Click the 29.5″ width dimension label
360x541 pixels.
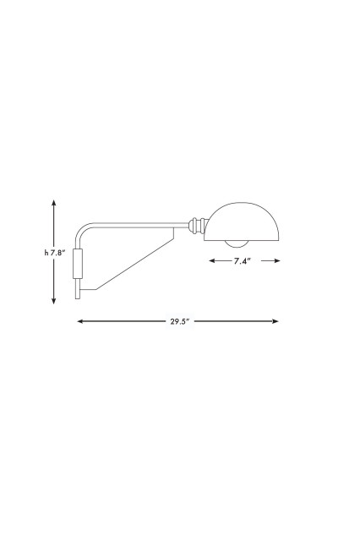(x=177, y=321)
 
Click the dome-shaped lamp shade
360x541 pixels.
(x=243, y=221)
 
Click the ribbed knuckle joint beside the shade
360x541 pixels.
(x=197, y=225)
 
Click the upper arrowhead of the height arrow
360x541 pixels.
(x=54, y=203)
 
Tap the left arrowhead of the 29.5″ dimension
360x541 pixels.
(x=79, y=321)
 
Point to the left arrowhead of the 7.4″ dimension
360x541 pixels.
(x=211, y=262)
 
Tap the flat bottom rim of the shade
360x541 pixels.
(x=243, y=241)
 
